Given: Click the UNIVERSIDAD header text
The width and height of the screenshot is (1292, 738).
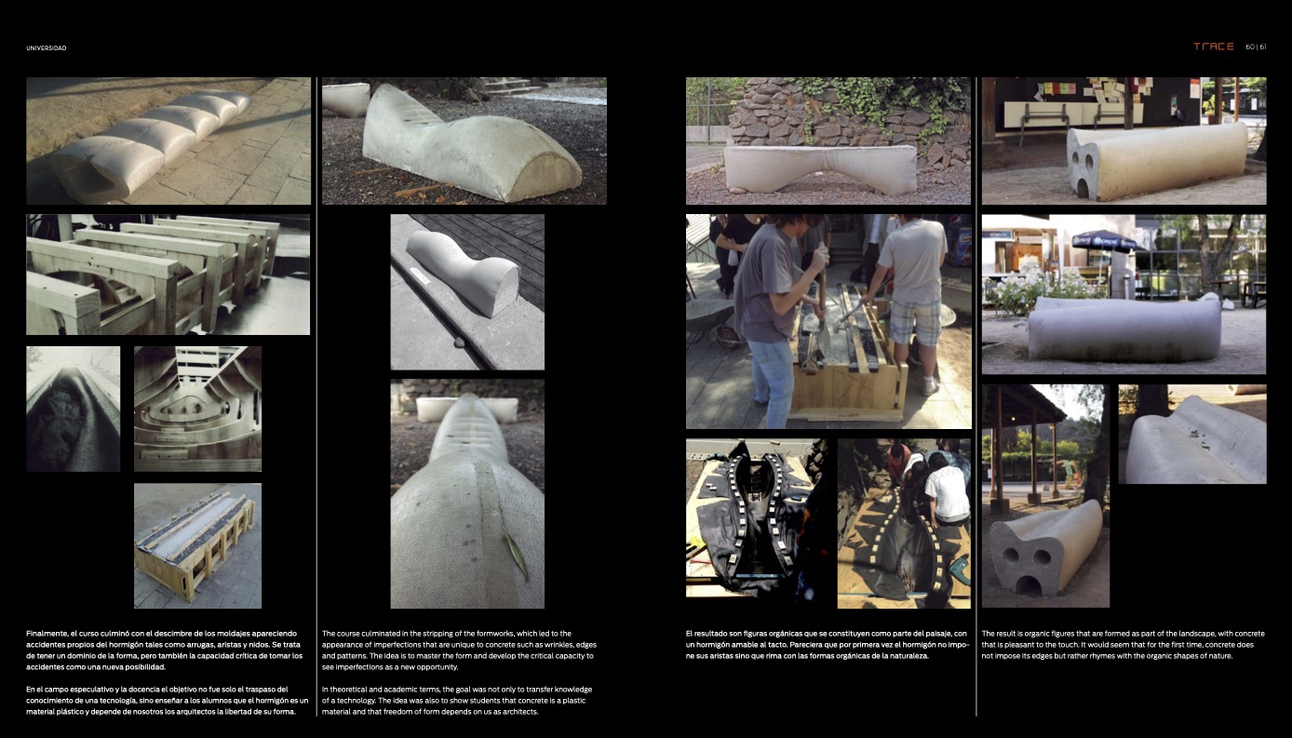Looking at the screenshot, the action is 47,47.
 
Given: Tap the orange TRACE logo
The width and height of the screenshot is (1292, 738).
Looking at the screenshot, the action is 1214,47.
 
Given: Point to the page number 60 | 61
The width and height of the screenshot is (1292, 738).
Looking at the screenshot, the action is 1256,47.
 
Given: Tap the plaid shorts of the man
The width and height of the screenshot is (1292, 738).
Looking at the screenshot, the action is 915,322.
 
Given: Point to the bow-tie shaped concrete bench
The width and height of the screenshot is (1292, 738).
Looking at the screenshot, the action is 820,169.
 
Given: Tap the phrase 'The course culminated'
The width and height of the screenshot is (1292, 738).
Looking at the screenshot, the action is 359,633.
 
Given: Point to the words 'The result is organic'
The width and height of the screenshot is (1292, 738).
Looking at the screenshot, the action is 1018,633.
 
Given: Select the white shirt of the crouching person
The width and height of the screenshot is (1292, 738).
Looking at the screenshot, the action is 947,493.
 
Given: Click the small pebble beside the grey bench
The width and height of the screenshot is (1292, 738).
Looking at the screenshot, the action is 459,342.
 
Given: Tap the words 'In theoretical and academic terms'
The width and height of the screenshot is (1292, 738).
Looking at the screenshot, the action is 382,689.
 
